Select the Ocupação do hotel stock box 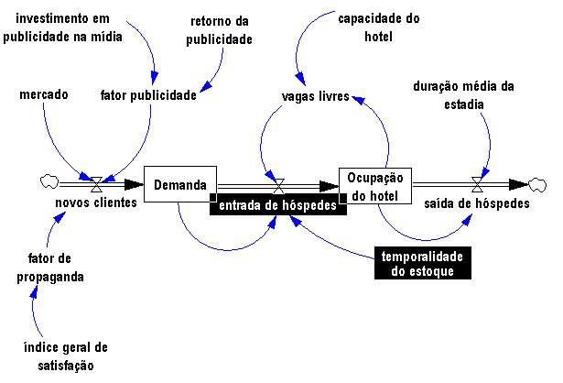tap(375, 185)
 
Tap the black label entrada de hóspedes tap(278, 206)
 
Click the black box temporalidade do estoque tap(422, 264)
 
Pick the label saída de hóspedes tap(477, 203)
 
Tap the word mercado tap(44, 94)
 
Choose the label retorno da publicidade tap(221, 29)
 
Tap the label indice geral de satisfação tap(66, 356)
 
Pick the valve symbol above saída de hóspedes tap(476, 182)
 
